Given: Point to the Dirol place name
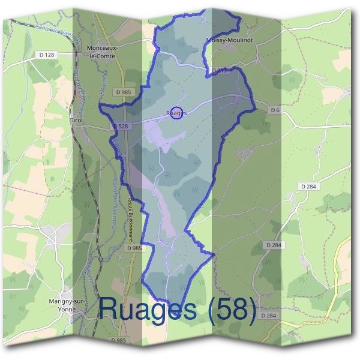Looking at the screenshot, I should point(76,120).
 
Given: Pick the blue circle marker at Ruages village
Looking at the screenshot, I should point(176,112).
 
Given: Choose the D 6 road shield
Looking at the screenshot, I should point(275,110).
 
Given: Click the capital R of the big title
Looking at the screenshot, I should point(112,308).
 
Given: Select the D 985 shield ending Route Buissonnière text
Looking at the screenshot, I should point(135,248).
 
